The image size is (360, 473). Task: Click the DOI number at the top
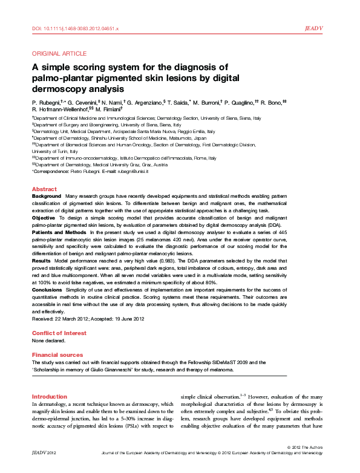(75, 28)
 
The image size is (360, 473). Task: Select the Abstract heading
(44, 189)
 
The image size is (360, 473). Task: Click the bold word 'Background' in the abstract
(47, 197)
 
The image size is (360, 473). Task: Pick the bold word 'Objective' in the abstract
(44, 217)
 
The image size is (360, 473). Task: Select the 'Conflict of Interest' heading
(57, 333)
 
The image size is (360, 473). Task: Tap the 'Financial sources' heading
(57, 354)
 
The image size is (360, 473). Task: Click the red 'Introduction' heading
(50, 397)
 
